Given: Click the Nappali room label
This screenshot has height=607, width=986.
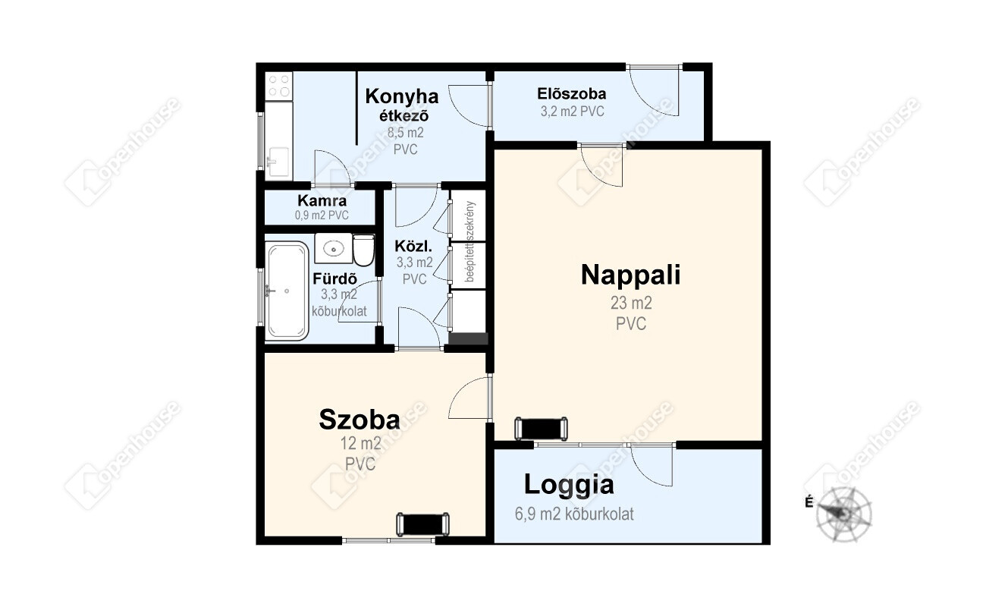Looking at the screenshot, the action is [631, 275].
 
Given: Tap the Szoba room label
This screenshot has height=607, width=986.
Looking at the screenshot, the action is [360, 420].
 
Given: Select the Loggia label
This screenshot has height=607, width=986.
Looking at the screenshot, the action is [569, 486].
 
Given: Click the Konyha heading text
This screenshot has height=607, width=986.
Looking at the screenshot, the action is [402, 96].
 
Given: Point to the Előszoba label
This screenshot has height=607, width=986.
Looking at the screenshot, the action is [572, 94].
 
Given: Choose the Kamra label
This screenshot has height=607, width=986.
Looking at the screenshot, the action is [322, 201].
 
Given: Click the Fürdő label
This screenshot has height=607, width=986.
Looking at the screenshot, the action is [334, 278].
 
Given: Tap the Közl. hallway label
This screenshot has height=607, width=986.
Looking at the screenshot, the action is [413, 246].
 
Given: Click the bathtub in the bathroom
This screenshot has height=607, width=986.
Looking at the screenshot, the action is [287, 291].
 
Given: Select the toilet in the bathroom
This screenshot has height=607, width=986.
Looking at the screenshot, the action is [363, 250].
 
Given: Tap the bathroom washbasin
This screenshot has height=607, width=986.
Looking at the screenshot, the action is [334, 249].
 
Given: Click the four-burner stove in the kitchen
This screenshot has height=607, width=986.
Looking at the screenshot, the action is [279, 86].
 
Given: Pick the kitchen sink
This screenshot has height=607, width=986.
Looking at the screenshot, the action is [278, 162].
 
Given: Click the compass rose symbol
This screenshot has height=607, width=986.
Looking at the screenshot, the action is [843, 514].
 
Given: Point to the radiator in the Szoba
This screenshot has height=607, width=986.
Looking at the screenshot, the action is [422, 524].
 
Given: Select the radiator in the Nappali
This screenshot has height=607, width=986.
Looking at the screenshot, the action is [541, 429].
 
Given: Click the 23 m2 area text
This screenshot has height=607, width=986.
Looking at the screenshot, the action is [631, 303].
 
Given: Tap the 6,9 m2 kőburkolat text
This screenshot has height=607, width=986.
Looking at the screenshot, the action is [574, 514].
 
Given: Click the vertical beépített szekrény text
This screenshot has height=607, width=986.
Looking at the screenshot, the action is [470, 241].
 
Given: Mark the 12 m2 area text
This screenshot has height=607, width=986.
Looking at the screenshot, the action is [360, 444].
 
